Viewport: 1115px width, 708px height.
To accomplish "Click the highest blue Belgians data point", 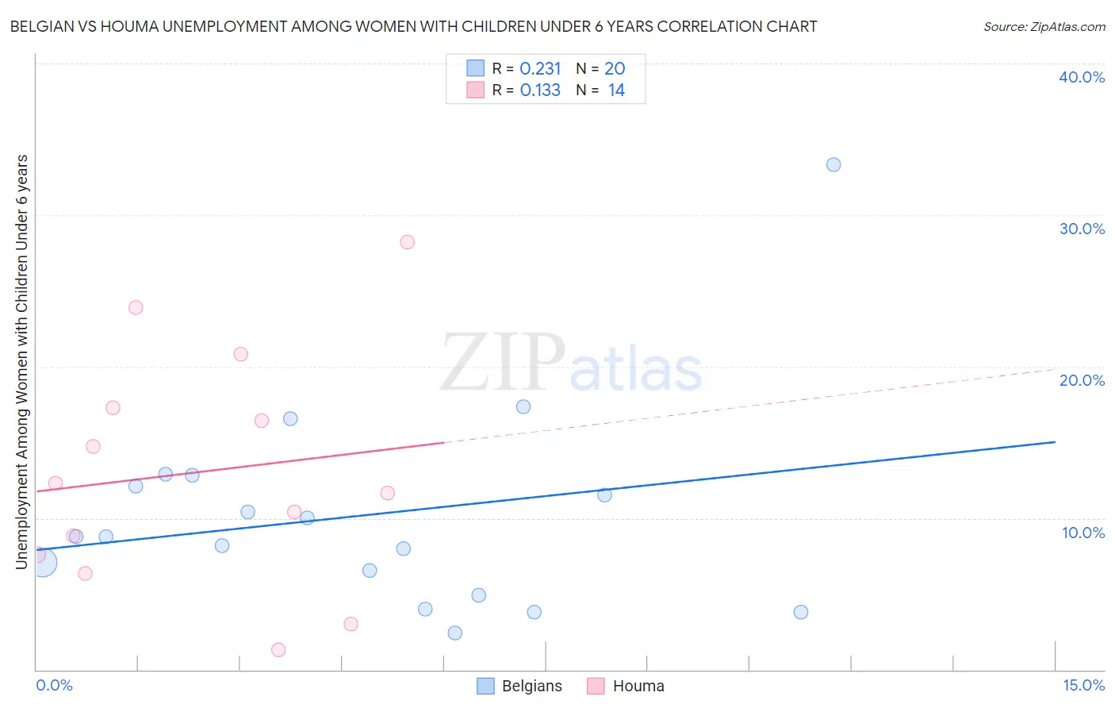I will pyautogui.click(x=833, y=165).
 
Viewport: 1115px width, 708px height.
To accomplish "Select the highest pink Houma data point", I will pyautogui.click(x=408, y=242).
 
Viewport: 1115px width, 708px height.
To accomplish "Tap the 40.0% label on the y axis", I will pyautogui.click(x=1082, y=77).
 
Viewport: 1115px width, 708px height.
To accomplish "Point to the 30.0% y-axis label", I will pyautogui.click(x=1082, y=229).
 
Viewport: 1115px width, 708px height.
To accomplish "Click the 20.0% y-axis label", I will pyautogui.click(x=1082, y=380).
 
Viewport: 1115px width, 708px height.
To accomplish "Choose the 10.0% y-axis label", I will pyautogui.click(x=1083, y=533).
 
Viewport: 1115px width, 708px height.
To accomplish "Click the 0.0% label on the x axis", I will pyautogui.click(x=54, y=685).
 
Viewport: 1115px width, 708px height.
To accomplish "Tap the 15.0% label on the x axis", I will pyautogui.click(x=1083, y=685).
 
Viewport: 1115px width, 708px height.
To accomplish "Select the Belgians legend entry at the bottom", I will pyautogui.click(x=519, y=686).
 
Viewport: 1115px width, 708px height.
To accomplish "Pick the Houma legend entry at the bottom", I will pyautogui.click(x=626, y=686).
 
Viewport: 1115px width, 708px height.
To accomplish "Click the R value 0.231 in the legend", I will pyautogui.click(x=540, y=69).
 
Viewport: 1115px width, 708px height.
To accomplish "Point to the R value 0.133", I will pyautogui.click(x=540, y=90).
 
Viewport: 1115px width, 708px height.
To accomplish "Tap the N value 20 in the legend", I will pyautogui.click(x=615, y=69).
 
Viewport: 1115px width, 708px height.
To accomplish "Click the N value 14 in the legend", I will pyautogui.click(x=616, y=90).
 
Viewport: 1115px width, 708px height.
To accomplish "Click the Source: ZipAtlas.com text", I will pyautogui.click(x=1044, y=27).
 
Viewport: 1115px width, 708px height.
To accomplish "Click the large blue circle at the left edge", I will pyautogui.click(x=42, y=563).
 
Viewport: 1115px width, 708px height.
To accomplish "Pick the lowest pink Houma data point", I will pyautogui.click(x=278, y=650).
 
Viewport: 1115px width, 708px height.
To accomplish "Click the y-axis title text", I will pyautogui.click(x=21, y=362).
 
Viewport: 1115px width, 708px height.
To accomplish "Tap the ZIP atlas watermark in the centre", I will pyautogui.click(x=571, y=364).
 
